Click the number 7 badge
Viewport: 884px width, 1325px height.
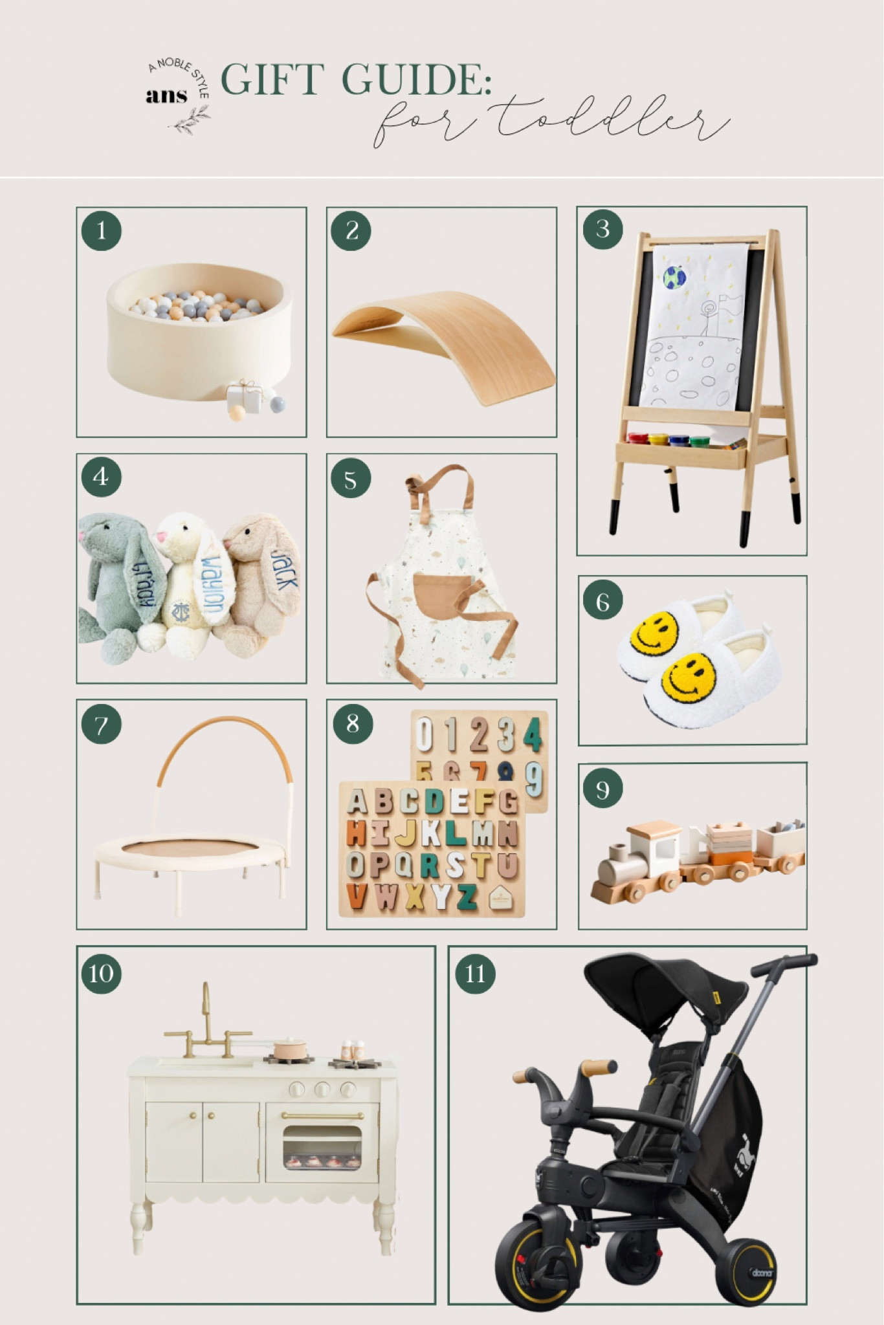click(x=101, y=725)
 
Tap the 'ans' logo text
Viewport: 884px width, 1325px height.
click(x=166, y=96)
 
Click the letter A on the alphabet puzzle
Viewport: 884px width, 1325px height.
click(x=357, y=802)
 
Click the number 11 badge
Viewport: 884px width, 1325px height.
click(x=475, y=973)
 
